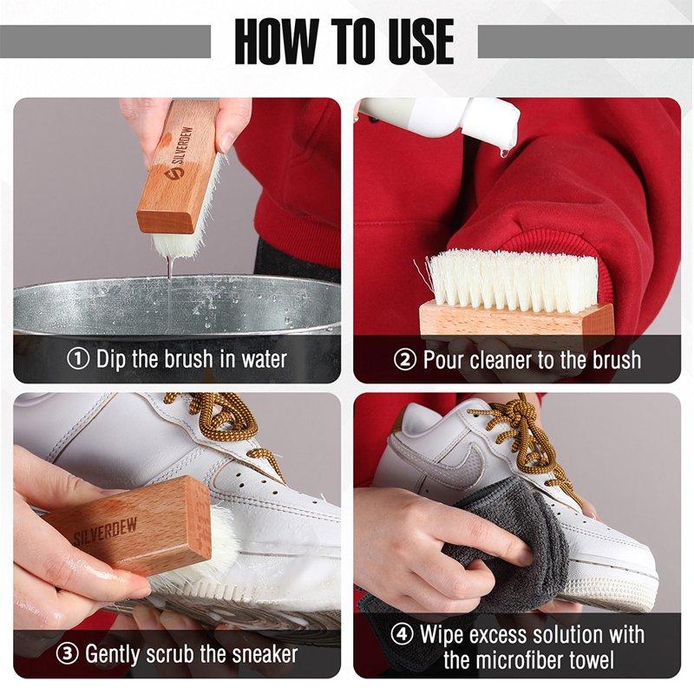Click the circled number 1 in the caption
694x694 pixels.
(x=79, y=359)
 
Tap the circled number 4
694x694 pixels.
(x=403, y=634)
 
